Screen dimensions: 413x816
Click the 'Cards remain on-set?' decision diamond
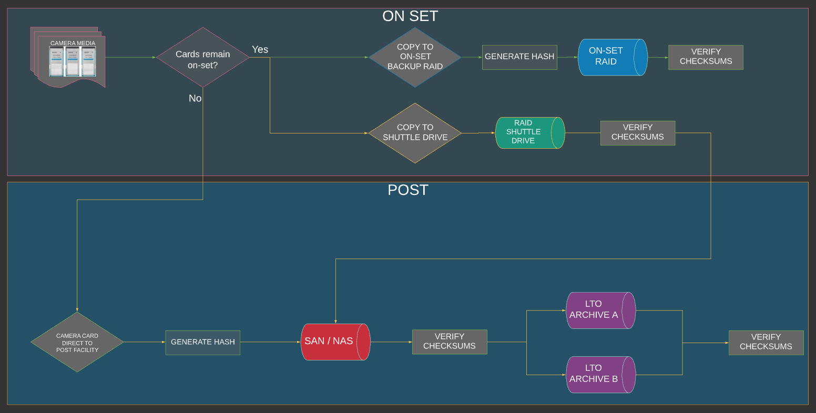[x=202, y=57]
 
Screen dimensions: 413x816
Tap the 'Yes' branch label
[x=260, y=49]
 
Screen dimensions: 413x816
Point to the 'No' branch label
[x=195, y=98]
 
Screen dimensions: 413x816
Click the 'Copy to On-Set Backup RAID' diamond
[x=415, y=57]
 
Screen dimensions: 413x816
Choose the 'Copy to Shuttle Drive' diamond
[x=415, y=132]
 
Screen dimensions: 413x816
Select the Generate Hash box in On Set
[x=519, y=57]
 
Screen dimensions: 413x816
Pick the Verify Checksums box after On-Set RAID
[x=706, y=57]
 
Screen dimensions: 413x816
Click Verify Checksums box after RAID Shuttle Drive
[x=637, y=132]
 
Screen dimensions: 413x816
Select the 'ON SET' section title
[x=410, y=16]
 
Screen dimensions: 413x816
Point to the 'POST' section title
[x=408, y=190]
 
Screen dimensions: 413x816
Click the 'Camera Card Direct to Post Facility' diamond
[x=77, y=343]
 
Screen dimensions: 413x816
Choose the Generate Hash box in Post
[x=203, y=342]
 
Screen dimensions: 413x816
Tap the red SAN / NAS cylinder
[x=335, y=342]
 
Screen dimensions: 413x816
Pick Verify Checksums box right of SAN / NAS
[x=450, y=342]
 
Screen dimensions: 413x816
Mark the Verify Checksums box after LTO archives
[x=766, y=342]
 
